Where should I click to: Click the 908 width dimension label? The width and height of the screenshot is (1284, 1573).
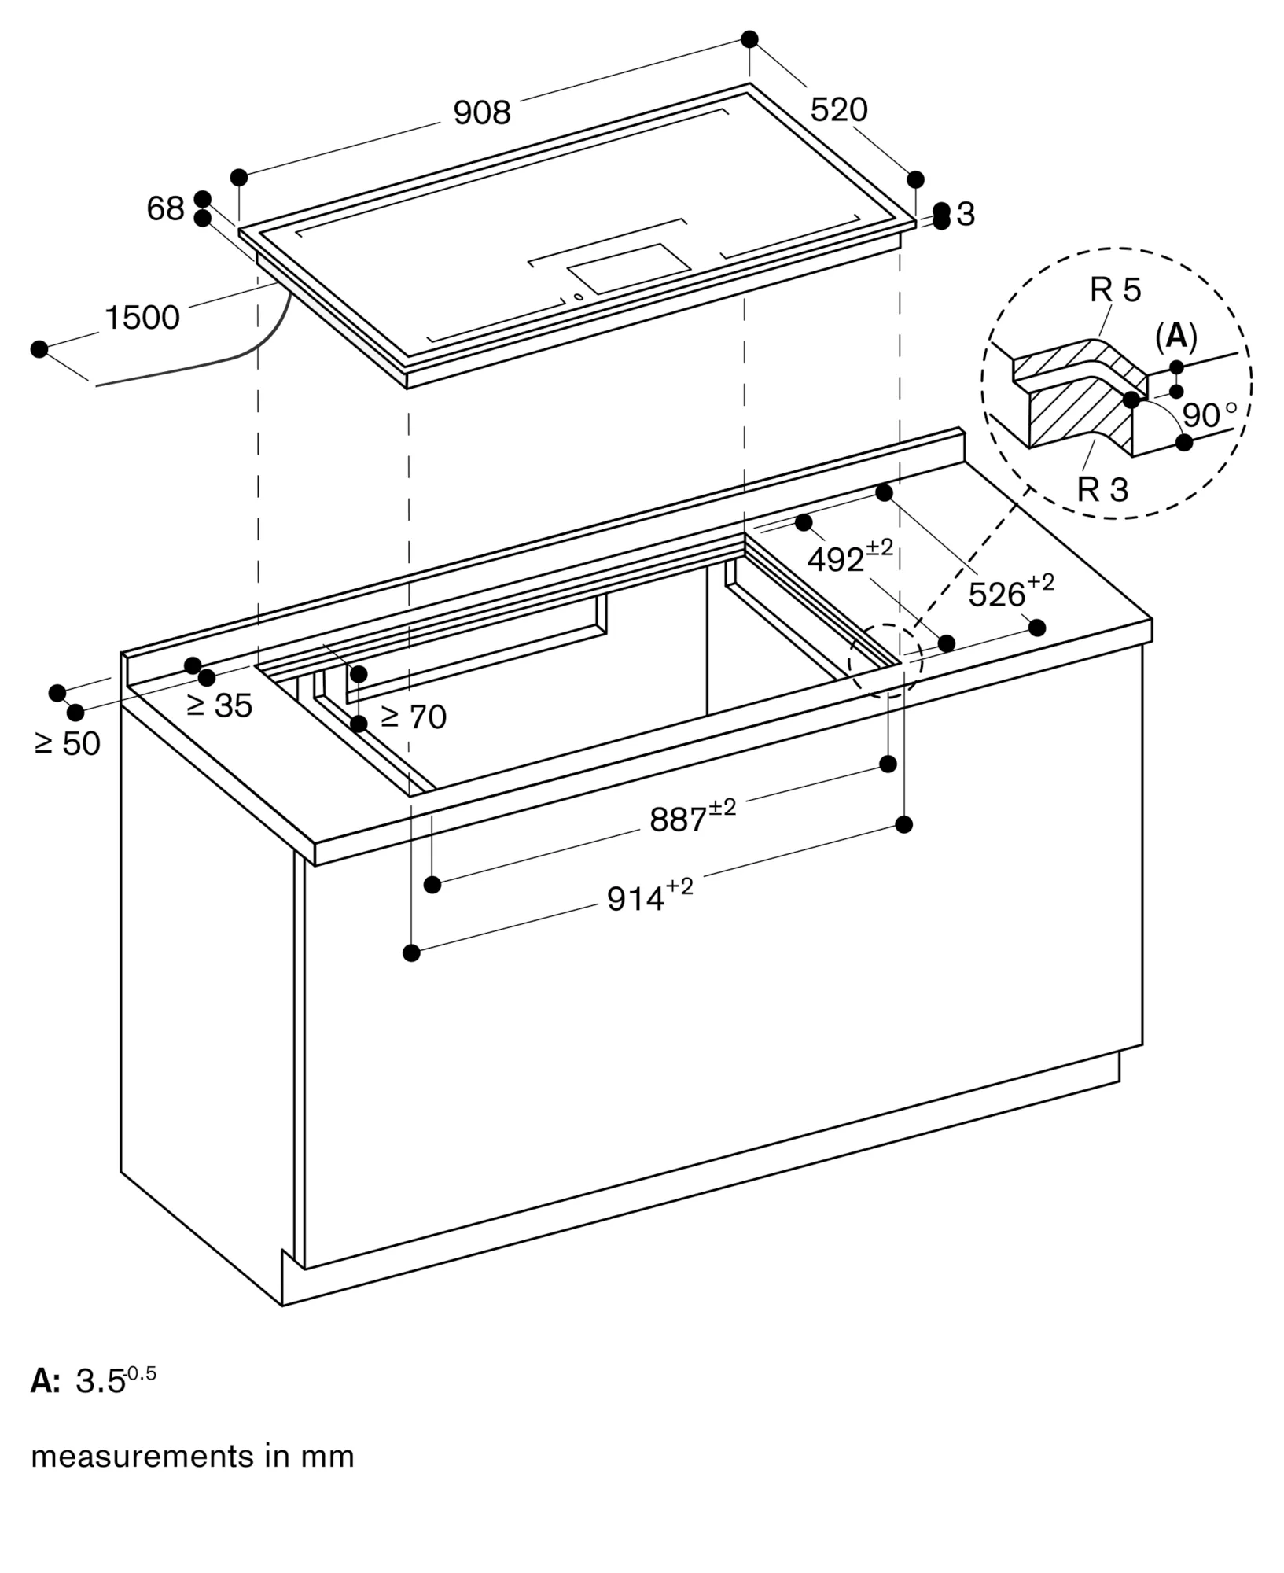pyautogui.click(x=482, y=113)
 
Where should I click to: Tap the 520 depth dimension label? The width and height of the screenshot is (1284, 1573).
pyautogui.click(x=839, y=110)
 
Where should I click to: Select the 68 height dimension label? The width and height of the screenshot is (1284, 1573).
pyautogui.click(x=165, y=209)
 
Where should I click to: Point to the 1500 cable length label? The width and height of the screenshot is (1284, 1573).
pyautogui.click(x=142, y=318)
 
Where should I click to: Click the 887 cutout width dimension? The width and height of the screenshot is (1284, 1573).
pyautogui.click(x=693, y=816)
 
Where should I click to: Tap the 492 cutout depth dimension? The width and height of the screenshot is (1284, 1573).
pyautogui.click(x=850, y=556)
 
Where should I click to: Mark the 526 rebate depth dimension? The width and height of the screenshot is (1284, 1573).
pyautogui.click(x=1011, y=591)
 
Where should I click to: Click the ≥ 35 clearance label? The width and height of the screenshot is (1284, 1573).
pyautogui.click(x=219, y=706)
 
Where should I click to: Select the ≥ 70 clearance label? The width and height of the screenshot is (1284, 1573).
pyautogui.click(x=414, y=717)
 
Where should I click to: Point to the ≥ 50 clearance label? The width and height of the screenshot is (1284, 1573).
pyautogui.click(x=68, y=744)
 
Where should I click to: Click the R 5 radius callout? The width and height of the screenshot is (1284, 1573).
pyautogui.click(x=1115, y=291)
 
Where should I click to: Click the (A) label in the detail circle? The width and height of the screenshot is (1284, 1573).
pyautogui.click(x=1176, y=337)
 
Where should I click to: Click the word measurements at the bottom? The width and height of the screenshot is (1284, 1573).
pyautogui.click(x=140, y=1457)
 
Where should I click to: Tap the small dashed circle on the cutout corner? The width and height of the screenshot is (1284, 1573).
pyautogui.click(x=885, y=659)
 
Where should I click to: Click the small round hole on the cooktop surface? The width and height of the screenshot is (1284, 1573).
pyautogui.click(x=578, y=297)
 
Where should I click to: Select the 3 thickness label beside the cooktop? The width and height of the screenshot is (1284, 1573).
pyautogui.click(x=966, y=214)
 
